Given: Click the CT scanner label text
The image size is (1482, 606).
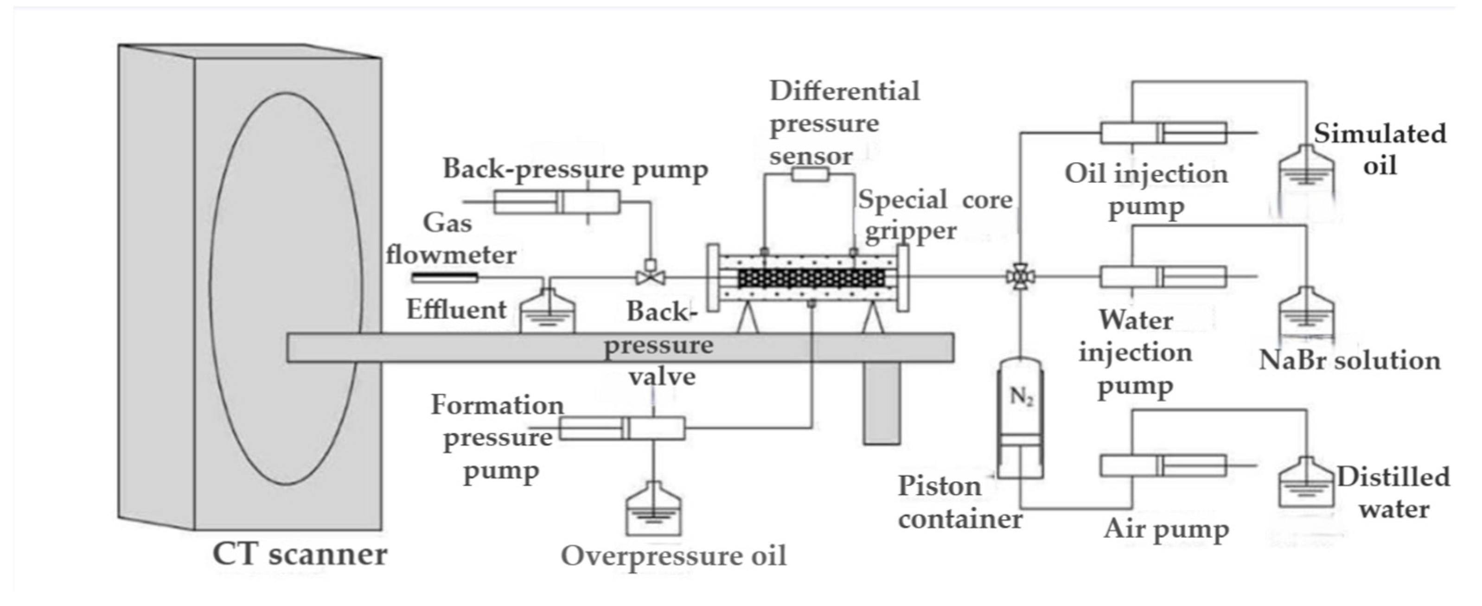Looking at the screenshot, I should coord(300,554).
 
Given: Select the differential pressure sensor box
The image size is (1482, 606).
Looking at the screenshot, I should coord(810,174).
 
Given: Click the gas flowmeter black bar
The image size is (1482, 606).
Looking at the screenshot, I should coord(445,279).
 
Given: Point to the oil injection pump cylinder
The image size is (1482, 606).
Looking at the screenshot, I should coord(1162,133).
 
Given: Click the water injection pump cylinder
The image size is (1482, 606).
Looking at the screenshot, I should coord(1162,277).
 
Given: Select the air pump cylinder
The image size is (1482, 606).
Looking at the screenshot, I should coord(1162,466).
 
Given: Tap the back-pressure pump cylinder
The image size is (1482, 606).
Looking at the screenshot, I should coord(557,202).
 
